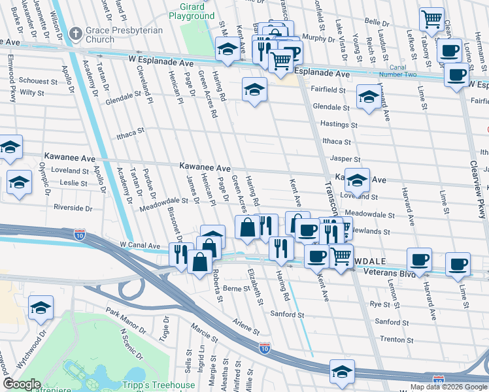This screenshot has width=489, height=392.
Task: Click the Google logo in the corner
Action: [x=22, y=384]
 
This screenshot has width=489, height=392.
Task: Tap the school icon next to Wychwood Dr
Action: [x=41, y=309]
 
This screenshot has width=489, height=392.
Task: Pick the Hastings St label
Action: [x=339, y=124]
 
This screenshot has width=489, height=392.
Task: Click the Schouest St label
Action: [x=38, y=81]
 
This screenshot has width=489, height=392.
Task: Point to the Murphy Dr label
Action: [x=319, y=39]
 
